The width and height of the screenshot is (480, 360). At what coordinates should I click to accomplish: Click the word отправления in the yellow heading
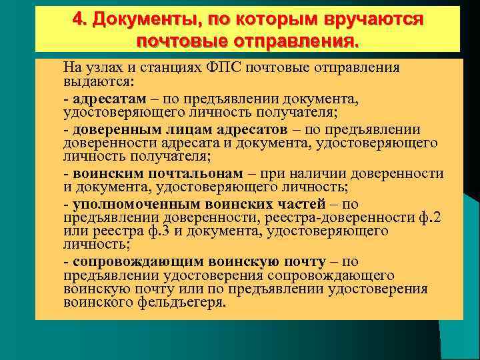point(293,41)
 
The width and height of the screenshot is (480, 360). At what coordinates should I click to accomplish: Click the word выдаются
point(97,81)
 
